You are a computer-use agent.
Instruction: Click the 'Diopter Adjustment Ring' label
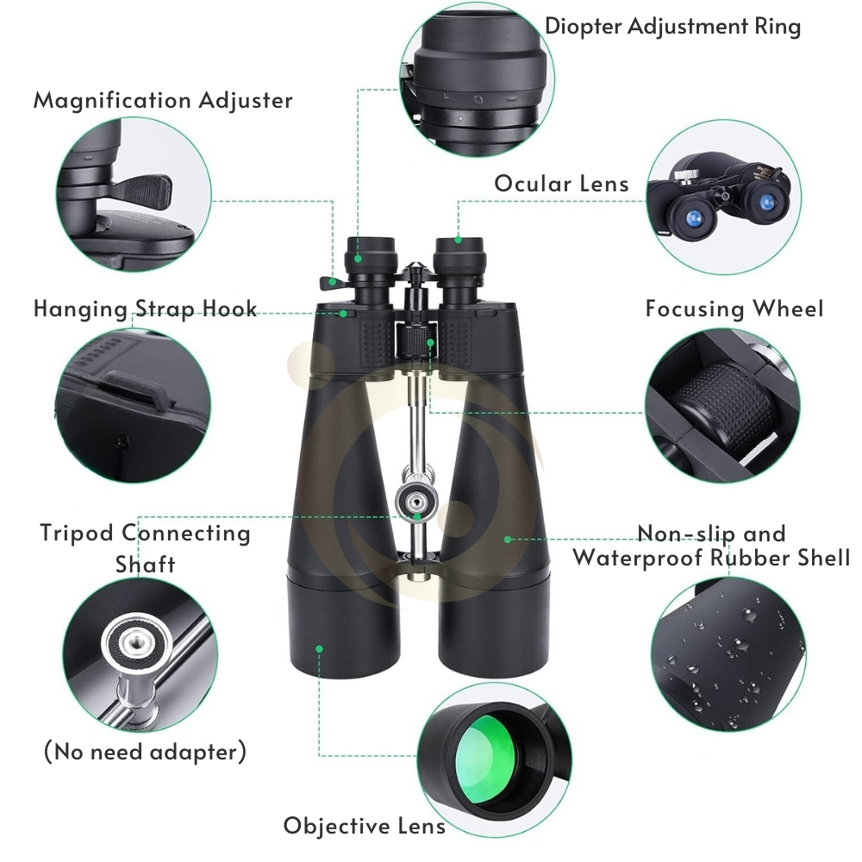[x=672, y=27]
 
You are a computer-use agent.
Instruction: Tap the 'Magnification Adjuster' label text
[x=163, y=101]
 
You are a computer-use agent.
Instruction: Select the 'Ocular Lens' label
[x=561, y=184]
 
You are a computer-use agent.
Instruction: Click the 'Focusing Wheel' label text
[x=734, y=309]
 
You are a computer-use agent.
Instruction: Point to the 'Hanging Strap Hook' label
[x=145, y=309]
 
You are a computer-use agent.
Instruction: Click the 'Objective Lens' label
[x=364, y=826]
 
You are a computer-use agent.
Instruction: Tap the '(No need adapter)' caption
[x=145, y=752]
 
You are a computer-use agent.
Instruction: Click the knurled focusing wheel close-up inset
[x=722, y=406]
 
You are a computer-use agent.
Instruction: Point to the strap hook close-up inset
[x=133, y=406]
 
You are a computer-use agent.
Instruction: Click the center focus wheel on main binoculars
[x=416, y=340]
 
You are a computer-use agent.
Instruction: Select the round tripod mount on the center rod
[x=416, y=499]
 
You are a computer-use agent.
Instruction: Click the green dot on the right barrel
[x=508, y=540]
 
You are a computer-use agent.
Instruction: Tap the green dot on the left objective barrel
[x=319, y=649]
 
